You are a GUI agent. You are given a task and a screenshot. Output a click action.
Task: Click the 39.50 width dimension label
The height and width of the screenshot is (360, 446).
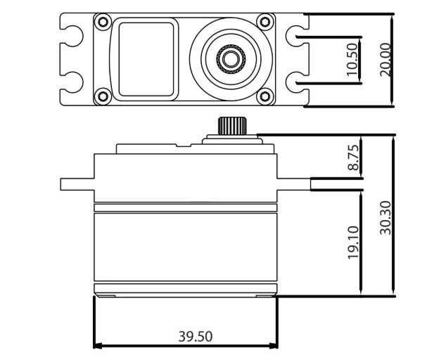[196, 336]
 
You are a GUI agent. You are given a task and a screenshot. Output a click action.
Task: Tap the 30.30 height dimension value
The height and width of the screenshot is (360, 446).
[386, 218]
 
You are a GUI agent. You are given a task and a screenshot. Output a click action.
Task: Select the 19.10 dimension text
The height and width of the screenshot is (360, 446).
[353, 243]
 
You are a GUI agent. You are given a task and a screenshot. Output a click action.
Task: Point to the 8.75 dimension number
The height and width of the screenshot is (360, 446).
[353, 157]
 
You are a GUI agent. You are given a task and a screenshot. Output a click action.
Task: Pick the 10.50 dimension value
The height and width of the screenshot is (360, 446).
[352, 60]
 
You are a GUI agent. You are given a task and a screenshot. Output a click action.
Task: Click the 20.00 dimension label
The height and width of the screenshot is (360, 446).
[386, 60]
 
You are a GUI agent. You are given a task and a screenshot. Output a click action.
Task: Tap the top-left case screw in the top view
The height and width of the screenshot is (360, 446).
[103, 22]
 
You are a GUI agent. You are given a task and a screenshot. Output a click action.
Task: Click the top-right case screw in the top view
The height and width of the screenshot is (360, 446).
[265, 22]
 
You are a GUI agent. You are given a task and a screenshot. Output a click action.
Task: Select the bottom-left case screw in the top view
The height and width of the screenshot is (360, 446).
[103, 96]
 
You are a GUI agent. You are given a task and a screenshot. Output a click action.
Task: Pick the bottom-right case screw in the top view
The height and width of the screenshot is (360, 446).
[265, 96]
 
